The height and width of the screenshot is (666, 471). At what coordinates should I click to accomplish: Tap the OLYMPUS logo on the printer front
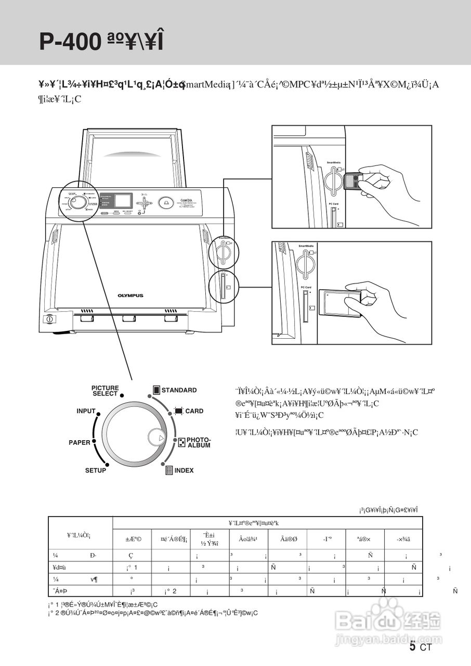pyautogui.click(x=130, y=296)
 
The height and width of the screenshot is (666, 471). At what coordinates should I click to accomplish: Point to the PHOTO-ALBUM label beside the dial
pyautogui.click(x=199, y=443)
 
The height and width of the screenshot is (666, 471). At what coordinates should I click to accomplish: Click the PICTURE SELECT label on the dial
pyautogui.click(x=105, y=391)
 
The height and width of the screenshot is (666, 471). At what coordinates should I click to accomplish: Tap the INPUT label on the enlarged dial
pyautogui.click(x=86, y=411)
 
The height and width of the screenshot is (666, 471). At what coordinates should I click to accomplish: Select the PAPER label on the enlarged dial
pyautogui.click(x=80, y=443)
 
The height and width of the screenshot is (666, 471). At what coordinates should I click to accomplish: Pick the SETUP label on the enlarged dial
pyautogui.click(x=96, y=470)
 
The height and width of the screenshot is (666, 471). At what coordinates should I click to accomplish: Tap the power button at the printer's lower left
pyautogui.click(x=49, y=318)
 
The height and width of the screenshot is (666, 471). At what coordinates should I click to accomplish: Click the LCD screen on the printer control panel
pyautogui.click(x=123, y=201)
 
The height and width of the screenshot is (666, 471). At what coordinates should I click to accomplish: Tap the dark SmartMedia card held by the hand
pyautogui.click(x=352, y=180)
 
